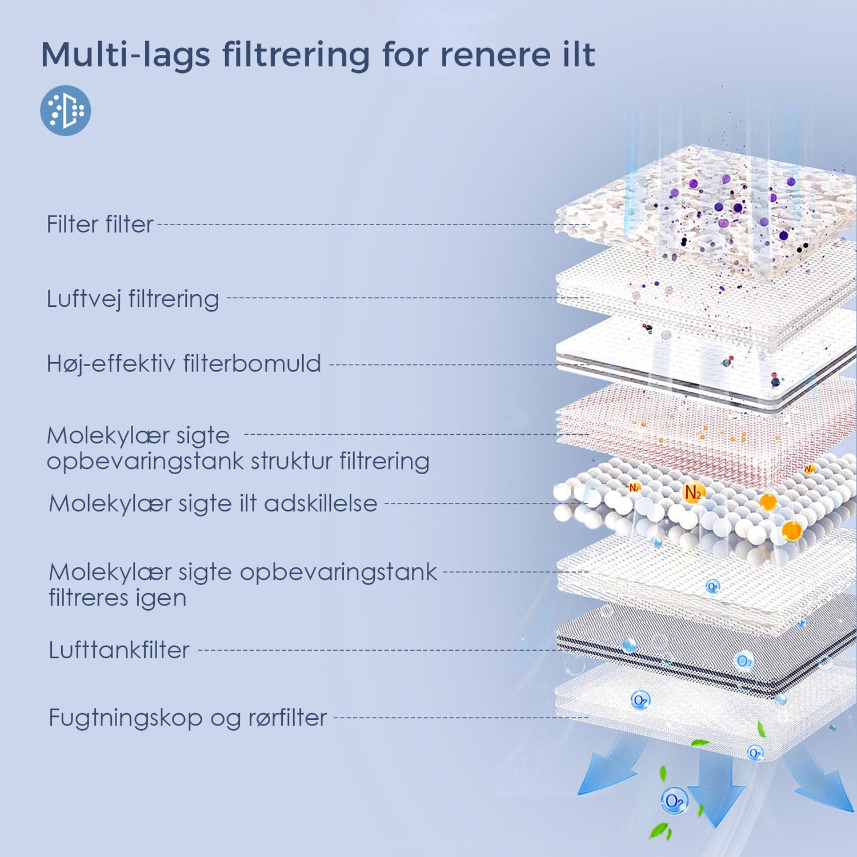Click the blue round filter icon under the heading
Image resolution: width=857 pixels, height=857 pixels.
[66, 110]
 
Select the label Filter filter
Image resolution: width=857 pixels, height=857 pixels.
[100, 225]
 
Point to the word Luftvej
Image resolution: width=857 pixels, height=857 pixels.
[83, 299]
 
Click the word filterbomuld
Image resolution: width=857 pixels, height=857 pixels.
[252, 364]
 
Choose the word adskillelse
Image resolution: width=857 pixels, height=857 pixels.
[321, 504]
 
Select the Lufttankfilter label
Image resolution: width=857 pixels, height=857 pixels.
[119, 650]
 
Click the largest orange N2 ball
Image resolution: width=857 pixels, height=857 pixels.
[694, 492]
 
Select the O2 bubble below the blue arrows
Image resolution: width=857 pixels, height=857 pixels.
[674, 800]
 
